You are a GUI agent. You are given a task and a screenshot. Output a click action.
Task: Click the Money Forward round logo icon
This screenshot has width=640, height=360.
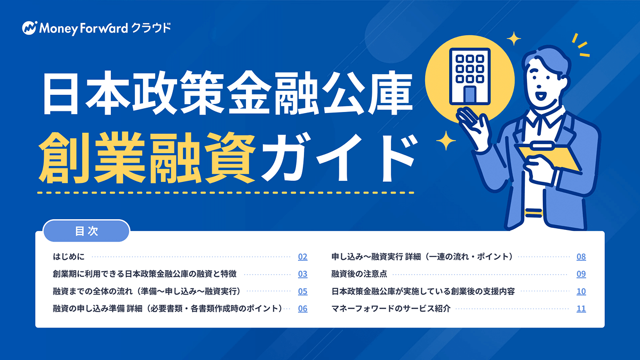point(30,28)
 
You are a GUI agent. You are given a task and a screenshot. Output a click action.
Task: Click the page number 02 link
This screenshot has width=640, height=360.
point(302,257)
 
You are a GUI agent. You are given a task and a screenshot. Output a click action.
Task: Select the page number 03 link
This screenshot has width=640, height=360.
point(302,274)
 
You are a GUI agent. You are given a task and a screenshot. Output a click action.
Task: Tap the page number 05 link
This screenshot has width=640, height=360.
point(302,291)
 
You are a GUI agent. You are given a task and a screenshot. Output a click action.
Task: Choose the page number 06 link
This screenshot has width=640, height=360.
point(302,309)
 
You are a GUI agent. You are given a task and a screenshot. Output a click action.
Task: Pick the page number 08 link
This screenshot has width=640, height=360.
point(581,257)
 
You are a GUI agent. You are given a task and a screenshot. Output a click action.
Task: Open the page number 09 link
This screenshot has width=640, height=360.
point(581,274)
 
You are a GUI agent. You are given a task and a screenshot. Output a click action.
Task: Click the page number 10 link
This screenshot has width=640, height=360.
point(581,291)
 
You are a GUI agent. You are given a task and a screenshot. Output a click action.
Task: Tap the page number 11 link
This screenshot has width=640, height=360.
point(581,309)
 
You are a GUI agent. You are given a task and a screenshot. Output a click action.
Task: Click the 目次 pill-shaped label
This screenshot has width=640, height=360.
point(86,231)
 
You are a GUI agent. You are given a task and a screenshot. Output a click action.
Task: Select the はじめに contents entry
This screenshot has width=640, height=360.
point(69,257)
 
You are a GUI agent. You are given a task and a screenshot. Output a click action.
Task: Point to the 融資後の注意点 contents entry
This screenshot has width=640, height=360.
point(359,274)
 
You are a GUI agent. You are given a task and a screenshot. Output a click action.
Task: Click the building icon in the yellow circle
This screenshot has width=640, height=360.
point(470,76)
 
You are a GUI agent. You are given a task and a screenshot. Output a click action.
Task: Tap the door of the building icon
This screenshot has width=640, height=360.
point(470,94)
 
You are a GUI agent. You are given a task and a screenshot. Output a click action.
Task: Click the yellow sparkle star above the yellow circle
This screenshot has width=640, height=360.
point(514,38)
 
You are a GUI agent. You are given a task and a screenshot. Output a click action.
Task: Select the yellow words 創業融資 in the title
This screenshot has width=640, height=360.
point(147,158)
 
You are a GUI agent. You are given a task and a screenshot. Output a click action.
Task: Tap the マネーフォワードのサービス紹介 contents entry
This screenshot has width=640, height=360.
point(391,309)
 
